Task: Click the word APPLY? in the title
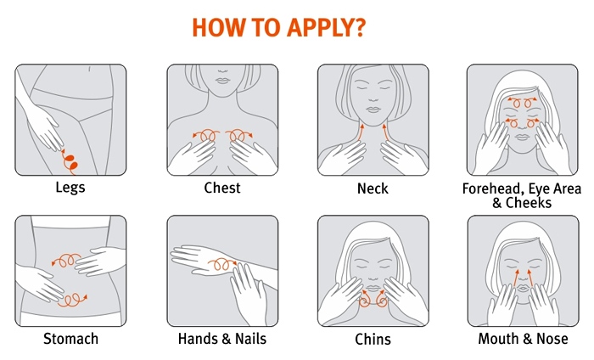327,27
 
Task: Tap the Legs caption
70,188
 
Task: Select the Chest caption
222,188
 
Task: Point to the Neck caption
373,188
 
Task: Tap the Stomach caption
70,339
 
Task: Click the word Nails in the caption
251,339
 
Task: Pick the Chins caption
373,339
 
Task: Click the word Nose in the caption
552,339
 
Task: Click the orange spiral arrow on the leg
70,162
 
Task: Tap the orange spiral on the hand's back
222,264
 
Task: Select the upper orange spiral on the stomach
66,260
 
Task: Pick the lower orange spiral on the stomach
72,300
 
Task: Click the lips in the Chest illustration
222,81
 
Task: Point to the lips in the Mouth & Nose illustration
524,289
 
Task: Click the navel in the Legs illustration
89,69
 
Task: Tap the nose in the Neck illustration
373,99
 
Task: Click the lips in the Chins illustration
373,288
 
